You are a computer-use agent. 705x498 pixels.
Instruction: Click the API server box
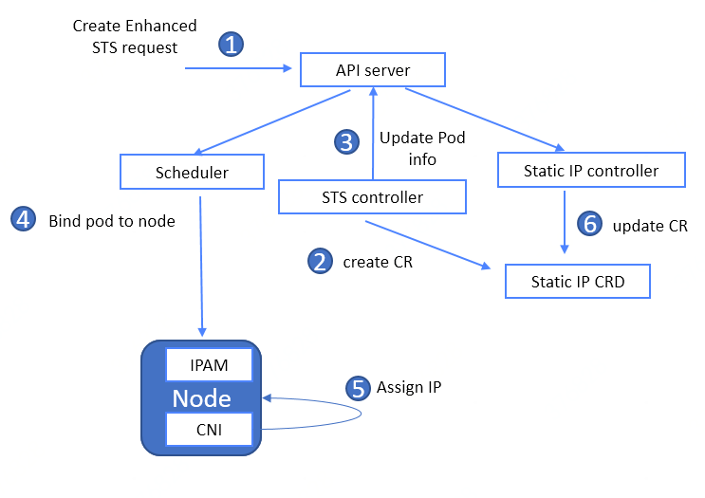(x=373, y=69)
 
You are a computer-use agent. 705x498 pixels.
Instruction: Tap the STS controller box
(x=372, y=197)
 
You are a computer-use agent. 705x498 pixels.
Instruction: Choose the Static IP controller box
(x=591, y=171)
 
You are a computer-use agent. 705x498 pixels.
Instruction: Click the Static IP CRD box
(x=578, y=282)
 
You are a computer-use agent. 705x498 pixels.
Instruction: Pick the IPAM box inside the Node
(x=210, y=364)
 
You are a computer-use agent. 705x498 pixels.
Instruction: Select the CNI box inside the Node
(x=210, y=429)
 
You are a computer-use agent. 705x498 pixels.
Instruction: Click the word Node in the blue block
(x=202, y=397)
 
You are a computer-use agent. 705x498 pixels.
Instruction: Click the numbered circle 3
(x=347, y=142)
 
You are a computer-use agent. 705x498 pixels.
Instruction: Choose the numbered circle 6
(x=590, y=224)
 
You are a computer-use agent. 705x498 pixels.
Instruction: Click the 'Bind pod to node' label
(x=112, y=221)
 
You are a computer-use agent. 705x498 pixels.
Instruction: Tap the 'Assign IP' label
(x=409, y=387)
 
